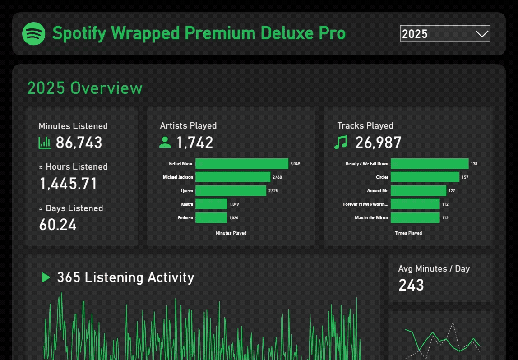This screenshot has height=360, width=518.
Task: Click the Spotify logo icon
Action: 34,34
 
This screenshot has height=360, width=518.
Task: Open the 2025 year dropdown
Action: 445,34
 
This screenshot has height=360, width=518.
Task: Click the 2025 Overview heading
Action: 85,88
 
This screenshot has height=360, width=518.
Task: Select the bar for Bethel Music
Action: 241,164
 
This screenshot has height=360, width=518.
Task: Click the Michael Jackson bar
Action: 232,177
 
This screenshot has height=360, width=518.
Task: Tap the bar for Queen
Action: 231,191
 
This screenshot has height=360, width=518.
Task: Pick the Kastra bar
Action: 211,204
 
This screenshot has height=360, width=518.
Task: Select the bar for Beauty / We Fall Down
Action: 429,164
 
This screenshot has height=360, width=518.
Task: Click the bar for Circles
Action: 425,177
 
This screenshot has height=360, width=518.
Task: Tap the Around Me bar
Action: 418,191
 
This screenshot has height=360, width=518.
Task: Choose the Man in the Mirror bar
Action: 415,218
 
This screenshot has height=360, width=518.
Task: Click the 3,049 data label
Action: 295,164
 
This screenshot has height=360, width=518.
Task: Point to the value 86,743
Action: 79,143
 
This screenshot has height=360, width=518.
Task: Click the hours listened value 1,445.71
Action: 68,184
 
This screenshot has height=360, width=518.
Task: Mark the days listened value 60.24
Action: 58,225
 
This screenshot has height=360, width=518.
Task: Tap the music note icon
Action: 341,143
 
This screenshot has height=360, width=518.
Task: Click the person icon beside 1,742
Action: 165,143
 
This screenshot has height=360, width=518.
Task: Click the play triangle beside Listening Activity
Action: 46,277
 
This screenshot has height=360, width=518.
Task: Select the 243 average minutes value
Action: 411,285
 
